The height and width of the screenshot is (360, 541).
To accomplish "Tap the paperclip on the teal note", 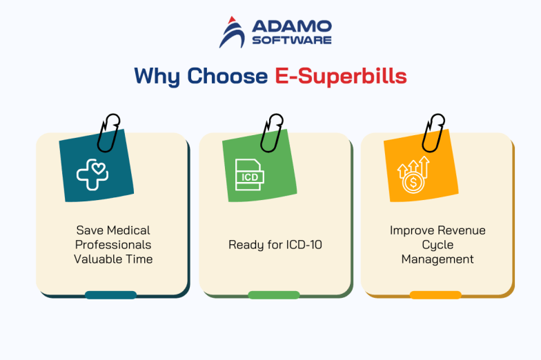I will [108, 132].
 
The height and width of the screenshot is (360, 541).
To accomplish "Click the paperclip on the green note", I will [271, 132].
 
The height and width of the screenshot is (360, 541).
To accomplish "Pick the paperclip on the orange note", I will [434, 132].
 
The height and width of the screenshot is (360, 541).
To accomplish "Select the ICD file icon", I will [249, 175].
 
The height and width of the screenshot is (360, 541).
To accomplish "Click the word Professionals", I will [113, 245].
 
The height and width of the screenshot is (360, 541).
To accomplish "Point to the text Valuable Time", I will [113, 259].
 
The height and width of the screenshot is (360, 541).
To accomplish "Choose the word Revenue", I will [456, 230].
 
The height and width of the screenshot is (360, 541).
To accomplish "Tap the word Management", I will [438, 259].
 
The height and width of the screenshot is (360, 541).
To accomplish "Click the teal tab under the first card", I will [110, 294].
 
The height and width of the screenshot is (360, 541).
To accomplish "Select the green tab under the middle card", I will [274, 294].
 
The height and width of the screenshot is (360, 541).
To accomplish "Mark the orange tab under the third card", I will [435, 294].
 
